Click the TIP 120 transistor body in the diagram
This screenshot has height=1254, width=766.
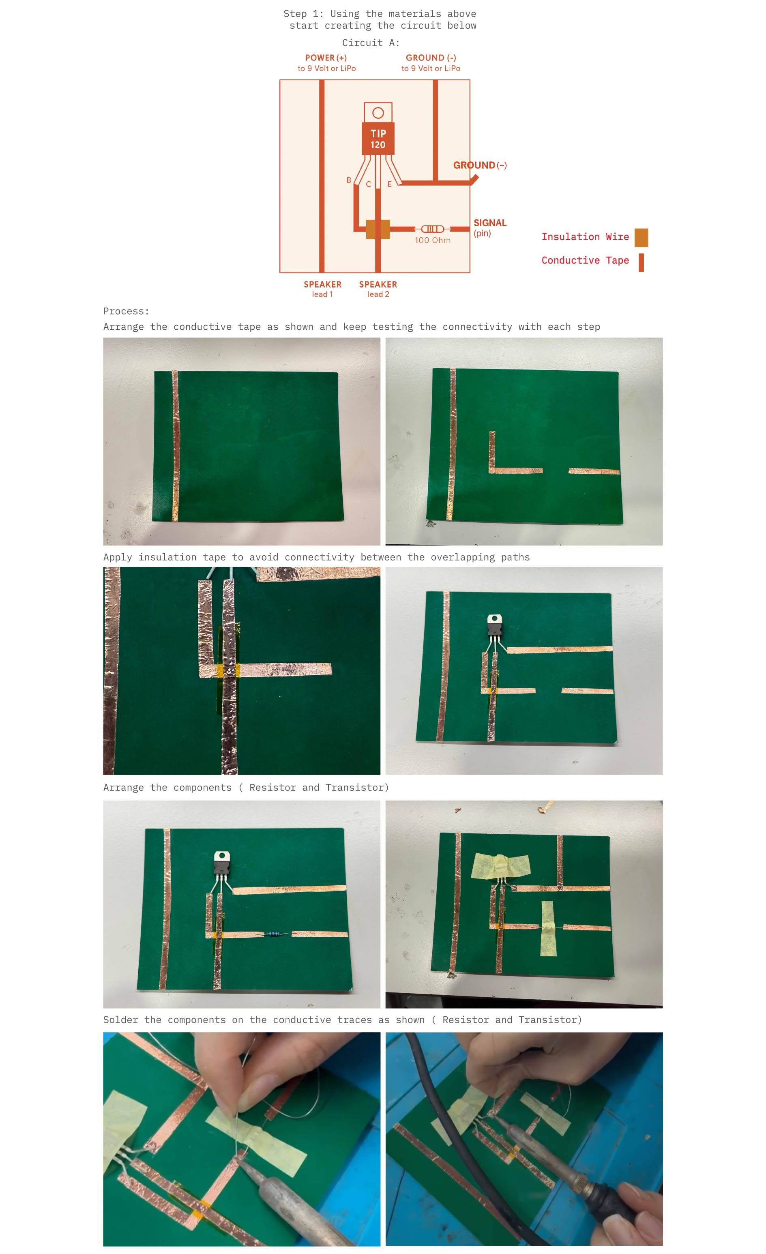378,138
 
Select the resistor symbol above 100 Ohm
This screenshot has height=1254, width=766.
432,229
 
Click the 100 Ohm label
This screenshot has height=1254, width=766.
432,240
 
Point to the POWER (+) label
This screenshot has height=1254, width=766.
326,58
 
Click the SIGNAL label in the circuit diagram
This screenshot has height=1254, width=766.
489,223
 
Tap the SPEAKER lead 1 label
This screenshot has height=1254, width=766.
322,289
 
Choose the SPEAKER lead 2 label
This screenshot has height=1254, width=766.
378,289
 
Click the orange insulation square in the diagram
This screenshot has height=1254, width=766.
378,229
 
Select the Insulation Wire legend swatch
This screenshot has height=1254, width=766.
641,238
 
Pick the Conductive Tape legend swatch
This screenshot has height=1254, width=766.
641,263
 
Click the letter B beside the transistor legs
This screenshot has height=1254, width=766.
349,180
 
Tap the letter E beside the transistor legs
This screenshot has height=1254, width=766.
389,184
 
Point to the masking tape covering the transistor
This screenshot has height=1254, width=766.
501,866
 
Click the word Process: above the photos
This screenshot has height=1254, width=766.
126,311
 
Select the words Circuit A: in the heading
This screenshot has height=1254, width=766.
371,43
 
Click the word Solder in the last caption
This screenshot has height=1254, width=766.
120,1020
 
